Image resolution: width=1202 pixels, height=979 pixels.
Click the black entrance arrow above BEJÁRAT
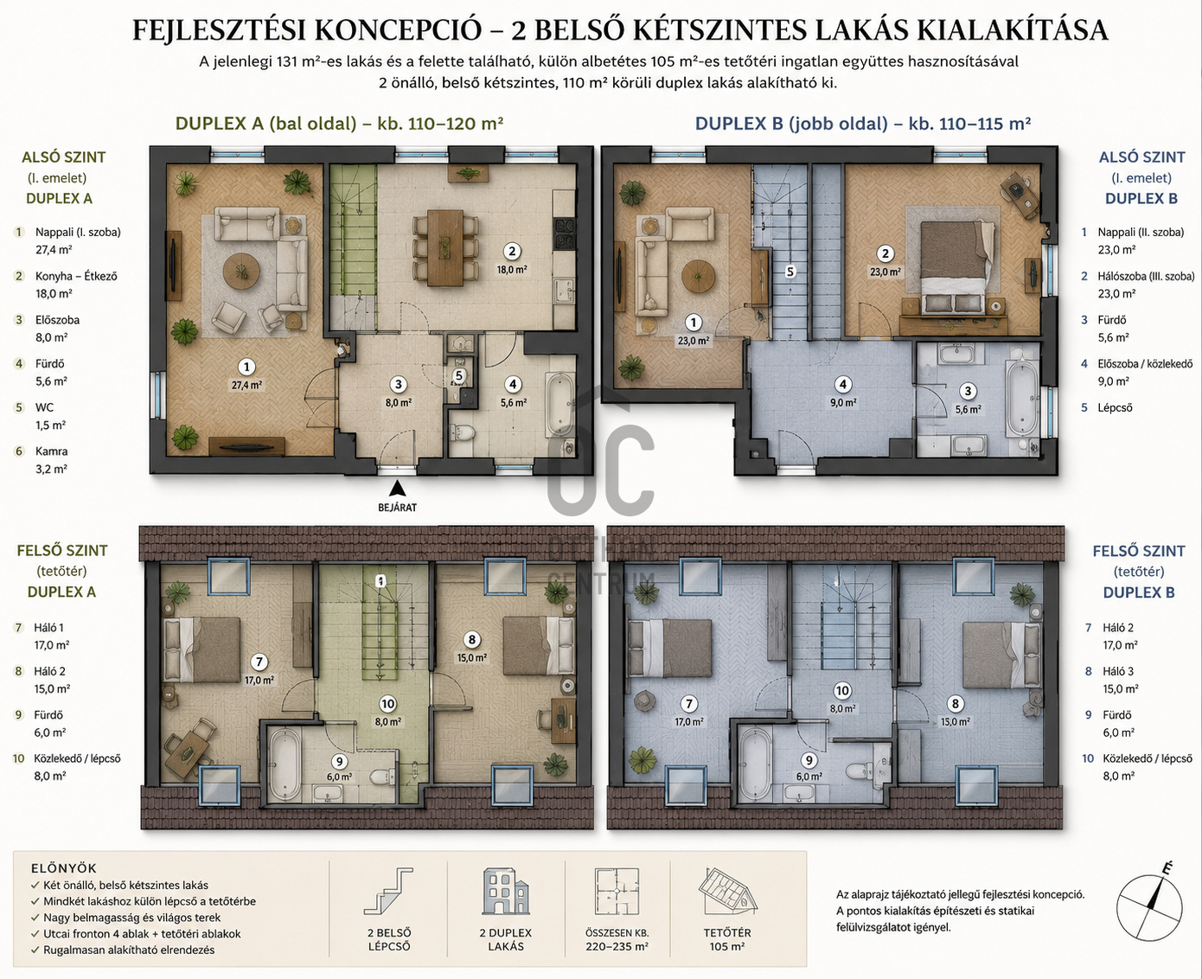pos(397,489)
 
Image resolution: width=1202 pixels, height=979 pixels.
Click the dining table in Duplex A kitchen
pos(445,247)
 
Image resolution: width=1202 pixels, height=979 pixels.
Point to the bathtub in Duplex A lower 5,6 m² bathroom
pos(559,404)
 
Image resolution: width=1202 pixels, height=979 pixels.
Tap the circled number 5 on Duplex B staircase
pos(790,272)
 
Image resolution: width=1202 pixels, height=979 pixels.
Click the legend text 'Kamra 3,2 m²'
pos(51,460)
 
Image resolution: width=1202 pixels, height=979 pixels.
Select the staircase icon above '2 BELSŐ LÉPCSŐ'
pos(388,891)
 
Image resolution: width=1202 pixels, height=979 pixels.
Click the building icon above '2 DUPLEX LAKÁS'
pos(506,891)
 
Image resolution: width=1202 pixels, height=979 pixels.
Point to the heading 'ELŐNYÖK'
pos(64,868)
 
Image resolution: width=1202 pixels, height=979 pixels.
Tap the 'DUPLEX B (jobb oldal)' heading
pos(792,124)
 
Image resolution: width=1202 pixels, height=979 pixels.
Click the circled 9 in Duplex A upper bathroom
pos(339,762)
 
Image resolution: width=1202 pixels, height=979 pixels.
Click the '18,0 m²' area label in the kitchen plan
pos(512,270)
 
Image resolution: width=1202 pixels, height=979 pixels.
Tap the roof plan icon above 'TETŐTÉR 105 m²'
pos(727,891)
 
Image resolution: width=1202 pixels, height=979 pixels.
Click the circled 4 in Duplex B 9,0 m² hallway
pos(842,385)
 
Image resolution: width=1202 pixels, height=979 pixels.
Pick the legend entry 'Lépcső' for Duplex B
pos(1116,407)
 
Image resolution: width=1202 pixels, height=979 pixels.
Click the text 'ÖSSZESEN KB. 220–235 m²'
pos(617,940)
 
